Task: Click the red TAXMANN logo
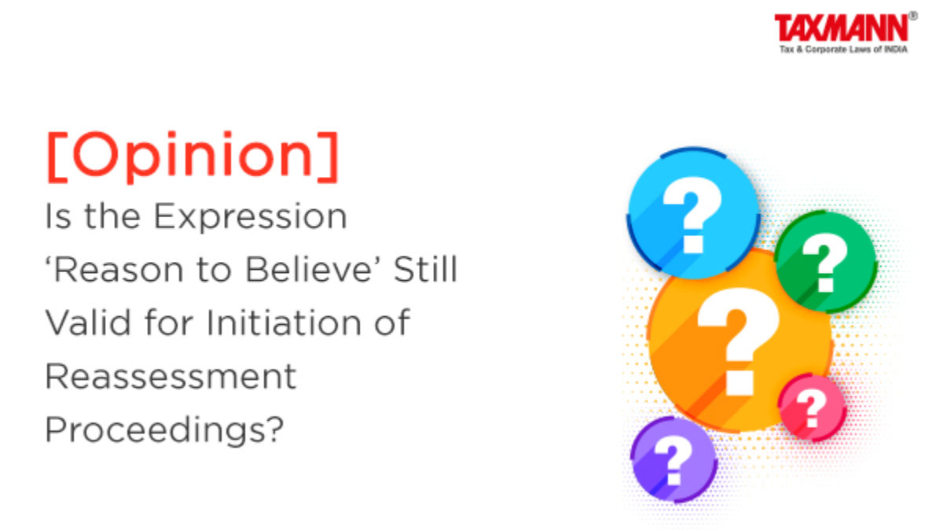click(x=842, y=28)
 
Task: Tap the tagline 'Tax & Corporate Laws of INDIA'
click(x=843, y=50)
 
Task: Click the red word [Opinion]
click(x=193, y=157)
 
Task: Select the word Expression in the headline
click(x=251, y=217)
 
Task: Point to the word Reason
click(x=115, y=269)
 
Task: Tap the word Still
click(x=425, y=269)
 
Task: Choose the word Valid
click(x=88, y=323)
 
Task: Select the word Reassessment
click(x=171, y=376)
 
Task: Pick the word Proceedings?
click(x=164, y=430)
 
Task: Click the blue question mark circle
click(x=693, y=213)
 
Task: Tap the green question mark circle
click(x=826, y=262)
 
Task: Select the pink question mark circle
click(x=813, y=407)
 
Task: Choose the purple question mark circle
click(x=674, y=459)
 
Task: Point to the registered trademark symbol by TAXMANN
click(x=913, y=16)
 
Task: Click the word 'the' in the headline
click(x=112, y=216)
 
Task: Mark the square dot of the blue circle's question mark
click(x=693, y=245)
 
